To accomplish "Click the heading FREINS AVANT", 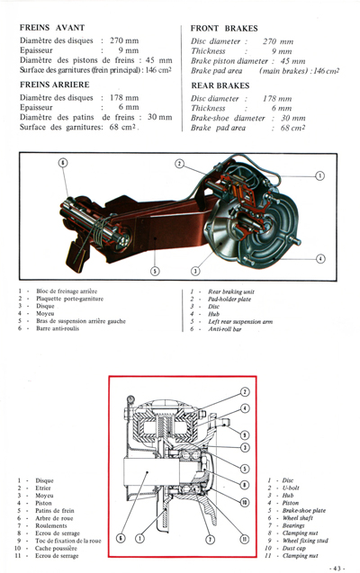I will pos(56,28).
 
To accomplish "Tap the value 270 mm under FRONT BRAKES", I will pos(278,41).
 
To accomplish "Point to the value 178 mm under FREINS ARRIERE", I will pos(121,97).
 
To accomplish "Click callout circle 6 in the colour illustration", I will pos(62,163).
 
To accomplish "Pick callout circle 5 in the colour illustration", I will pos(155,271).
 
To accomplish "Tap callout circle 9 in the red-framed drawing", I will pos(245,434).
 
